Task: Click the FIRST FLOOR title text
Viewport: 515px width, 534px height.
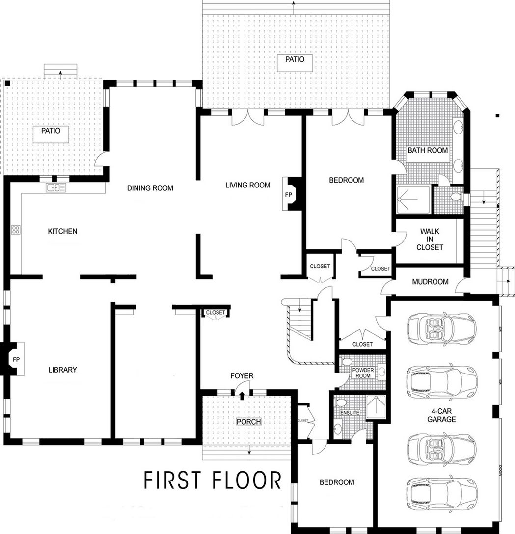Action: [x=213, y=480]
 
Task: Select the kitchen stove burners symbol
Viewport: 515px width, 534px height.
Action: [x=16, y=229]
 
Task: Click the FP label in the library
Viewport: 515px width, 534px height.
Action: [x=16, y=359]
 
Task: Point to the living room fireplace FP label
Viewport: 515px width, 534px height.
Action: [x=288, y=195]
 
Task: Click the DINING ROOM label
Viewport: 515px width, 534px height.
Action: [x=150, y=187]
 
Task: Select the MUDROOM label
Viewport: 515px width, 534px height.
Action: [x=430, y=282]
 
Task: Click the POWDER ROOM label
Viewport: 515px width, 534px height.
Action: [x=363, y=373]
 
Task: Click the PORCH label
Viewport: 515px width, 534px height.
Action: [x=248, y=421]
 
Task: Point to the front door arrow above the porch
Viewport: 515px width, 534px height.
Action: [x=242, y=394]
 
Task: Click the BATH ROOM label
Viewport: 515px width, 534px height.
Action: [x=428, y=150]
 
